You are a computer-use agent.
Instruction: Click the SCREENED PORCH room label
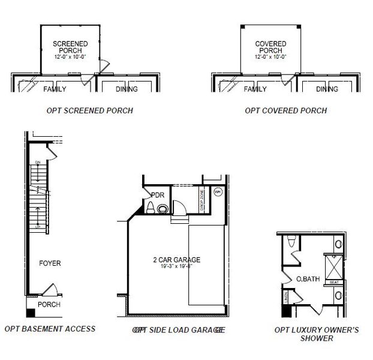[x=70, y=47]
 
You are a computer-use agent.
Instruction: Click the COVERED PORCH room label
[x=270, y=47]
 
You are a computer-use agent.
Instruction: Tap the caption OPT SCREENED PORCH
[x=90, y=110]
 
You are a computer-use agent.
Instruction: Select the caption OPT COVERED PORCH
[x=286, y=110]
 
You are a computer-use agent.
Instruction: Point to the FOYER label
[x=50, y=263]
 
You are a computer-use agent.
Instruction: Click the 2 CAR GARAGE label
[x=176, y=260]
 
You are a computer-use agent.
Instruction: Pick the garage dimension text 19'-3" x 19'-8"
[x=176, y=266]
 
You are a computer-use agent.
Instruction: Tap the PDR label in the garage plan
[x=158, y=195]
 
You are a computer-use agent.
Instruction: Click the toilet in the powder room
[x=150, y=208]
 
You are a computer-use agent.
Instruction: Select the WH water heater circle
[x=218, y=193]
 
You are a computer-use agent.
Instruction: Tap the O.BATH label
[x=308, y=279]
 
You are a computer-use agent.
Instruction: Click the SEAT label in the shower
[x=335, y=282]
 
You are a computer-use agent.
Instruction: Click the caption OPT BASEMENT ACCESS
[x=50, y=329]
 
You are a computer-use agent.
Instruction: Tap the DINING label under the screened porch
[x=127, y=89]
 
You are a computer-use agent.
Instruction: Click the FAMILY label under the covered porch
[x=255, y=89]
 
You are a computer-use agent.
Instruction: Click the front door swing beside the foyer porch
[x=51, y=290]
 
